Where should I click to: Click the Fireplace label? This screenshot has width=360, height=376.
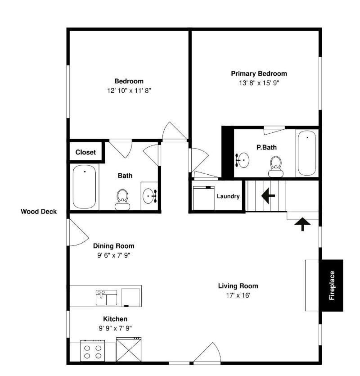coord(332,285)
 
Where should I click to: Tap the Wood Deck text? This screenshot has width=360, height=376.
coord(39,212)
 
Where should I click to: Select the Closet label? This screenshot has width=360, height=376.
coord(85,152)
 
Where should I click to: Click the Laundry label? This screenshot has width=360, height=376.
coord(228,196)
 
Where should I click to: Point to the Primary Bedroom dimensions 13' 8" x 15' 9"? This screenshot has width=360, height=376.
coord(259,83)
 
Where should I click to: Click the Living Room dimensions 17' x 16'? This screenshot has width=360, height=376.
coord(238,295)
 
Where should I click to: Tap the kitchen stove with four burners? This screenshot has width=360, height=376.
coord(93,351)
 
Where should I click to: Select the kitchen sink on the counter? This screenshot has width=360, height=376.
coord(106,298)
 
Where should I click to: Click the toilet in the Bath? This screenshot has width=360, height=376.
coord(122,199)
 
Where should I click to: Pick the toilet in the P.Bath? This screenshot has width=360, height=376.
coord(276,167)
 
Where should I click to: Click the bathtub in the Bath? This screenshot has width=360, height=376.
coord(84,186)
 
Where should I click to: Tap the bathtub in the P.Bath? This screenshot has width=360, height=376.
coord(307,153)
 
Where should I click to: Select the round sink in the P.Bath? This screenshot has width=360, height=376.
coord(243,160)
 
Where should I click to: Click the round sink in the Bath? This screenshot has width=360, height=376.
coord(150,196)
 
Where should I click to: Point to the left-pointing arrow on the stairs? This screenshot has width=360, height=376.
coord(268,196)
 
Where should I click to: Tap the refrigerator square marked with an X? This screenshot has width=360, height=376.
coord(129,349)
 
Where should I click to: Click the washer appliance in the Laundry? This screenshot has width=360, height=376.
coord(203,198)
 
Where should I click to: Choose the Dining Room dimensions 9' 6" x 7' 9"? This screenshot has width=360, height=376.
coord(113,255)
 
